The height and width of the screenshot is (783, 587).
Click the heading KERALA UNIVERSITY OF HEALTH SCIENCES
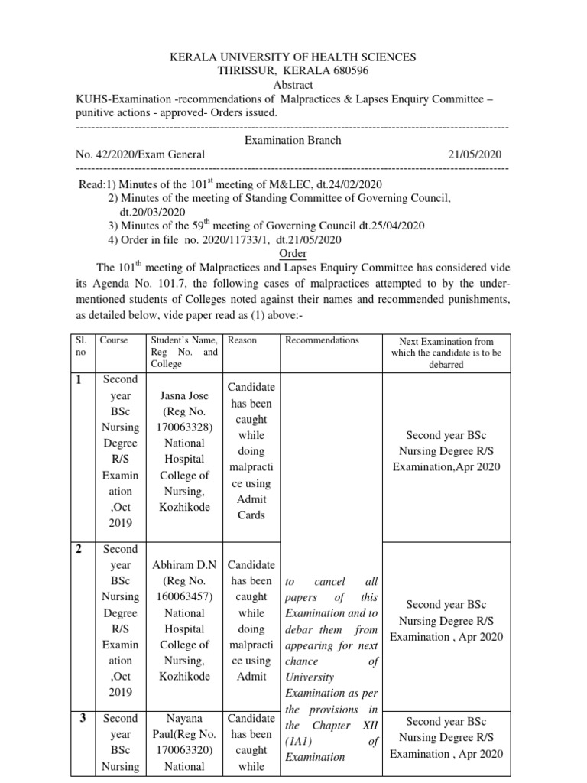293,57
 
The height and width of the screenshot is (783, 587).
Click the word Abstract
293,85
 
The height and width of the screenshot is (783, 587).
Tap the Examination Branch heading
293,140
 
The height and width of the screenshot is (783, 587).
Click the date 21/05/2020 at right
475,154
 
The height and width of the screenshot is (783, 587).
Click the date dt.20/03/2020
153,212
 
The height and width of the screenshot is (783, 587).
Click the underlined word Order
293,253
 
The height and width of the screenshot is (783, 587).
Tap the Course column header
114,340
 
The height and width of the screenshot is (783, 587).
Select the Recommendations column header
322,340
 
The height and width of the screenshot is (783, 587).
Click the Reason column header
242,340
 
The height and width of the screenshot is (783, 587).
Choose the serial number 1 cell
81,380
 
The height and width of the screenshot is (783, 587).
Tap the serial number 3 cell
81,719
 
